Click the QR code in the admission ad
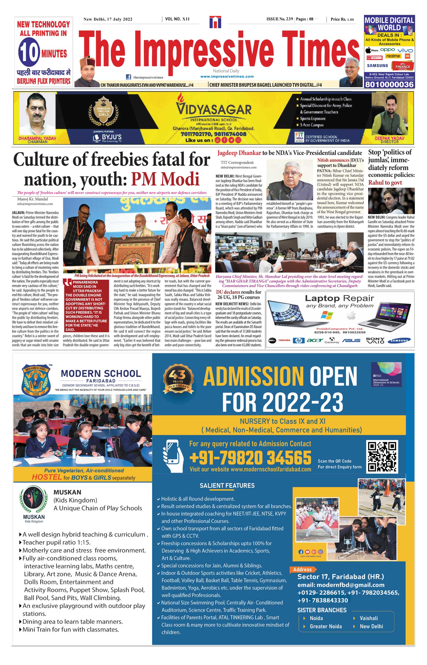[382, 456]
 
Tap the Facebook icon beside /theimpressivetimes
[128, 77]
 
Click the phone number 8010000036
[389, 84]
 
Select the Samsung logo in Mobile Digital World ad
[377, 66]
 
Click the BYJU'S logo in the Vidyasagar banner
[108, 137]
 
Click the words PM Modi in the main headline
[165, 179]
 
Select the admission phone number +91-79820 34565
[250, 458]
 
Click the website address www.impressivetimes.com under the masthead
[227, 77]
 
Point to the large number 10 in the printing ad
[29, 52]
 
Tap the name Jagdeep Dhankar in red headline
[239, 153]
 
